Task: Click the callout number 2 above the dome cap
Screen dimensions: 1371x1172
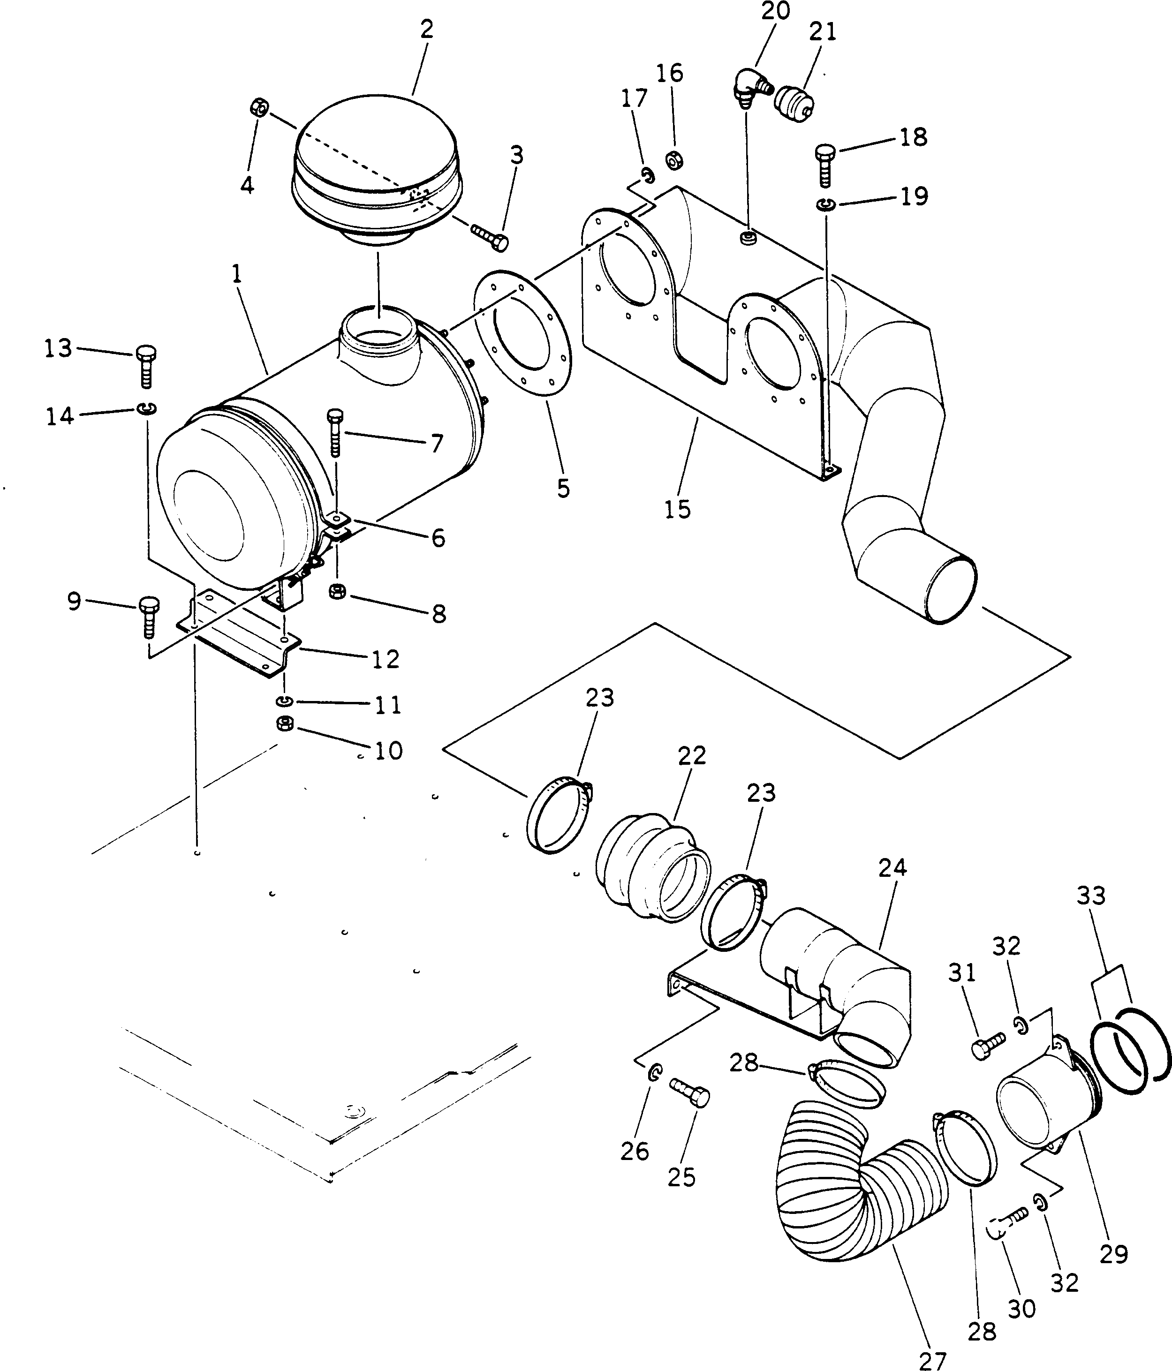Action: tap(427, 30)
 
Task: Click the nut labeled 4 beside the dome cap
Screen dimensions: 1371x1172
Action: tap(259, 107)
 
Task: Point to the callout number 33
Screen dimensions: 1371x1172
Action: tap(1090, 896)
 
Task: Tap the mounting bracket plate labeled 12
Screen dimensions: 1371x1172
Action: tap(238, 635)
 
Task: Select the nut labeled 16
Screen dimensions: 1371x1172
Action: tap(674, 160)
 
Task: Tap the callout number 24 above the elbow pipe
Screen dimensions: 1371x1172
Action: tap(892, 867)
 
